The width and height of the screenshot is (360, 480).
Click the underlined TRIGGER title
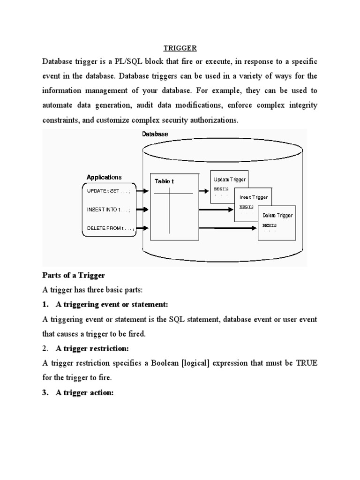(180, 48)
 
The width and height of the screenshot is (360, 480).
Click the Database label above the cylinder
(155, 134)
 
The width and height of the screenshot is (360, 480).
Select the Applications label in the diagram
(104, 177)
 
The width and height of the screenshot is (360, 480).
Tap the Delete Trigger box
(277, 222)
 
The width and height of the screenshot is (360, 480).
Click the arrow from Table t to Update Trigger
(203, 191)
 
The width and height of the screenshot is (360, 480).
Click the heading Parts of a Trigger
(74, 275)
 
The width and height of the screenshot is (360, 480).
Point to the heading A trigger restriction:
(92, 348)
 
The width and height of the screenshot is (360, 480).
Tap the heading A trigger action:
(85, 392)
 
